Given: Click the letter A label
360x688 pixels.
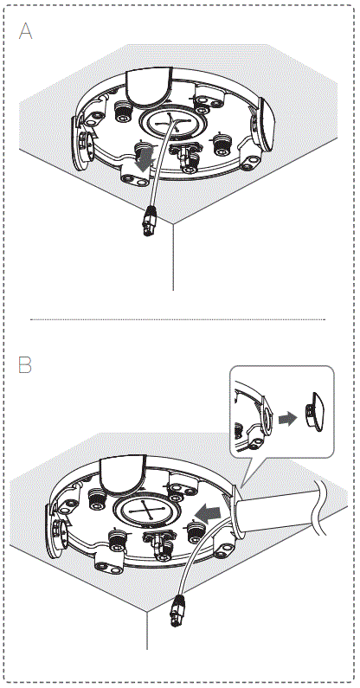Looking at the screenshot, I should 26,31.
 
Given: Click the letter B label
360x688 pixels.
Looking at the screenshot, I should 25,365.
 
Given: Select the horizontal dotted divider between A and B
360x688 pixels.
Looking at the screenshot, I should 177,319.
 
